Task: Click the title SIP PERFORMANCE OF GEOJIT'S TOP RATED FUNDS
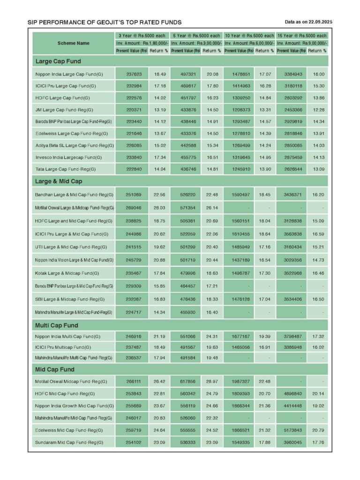105,22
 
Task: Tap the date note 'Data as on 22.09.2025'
308,22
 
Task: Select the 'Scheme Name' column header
74,43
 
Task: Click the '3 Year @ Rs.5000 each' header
142,36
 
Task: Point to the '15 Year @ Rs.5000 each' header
302,36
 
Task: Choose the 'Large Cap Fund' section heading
58,61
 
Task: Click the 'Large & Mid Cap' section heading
59,181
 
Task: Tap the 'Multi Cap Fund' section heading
57,325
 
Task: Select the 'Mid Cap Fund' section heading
55,369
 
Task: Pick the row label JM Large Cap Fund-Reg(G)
64,110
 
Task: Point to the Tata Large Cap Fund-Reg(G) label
66,169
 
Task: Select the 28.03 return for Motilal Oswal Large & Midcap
157,207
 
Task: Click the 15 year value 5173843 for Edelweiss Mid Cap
291,430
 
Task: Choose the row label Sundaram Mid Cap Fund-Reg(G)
69,442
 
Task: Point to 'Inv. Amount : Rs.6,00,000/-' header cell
248,43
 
